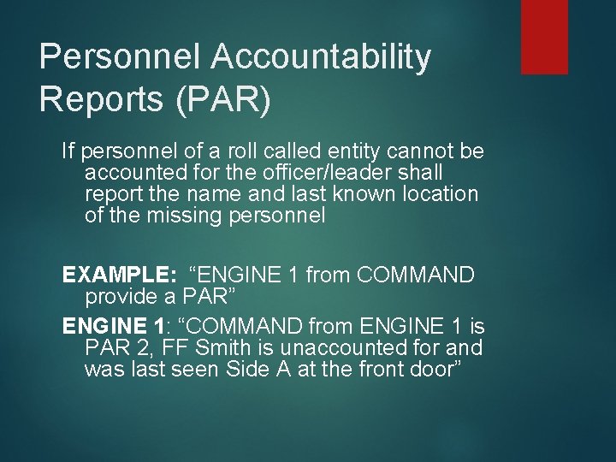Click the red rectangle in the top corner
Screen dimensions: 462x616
(544, 36)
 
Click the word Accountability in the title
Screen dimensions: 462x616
(321, 57)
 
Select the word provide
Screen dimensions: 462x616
(117, 297)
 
